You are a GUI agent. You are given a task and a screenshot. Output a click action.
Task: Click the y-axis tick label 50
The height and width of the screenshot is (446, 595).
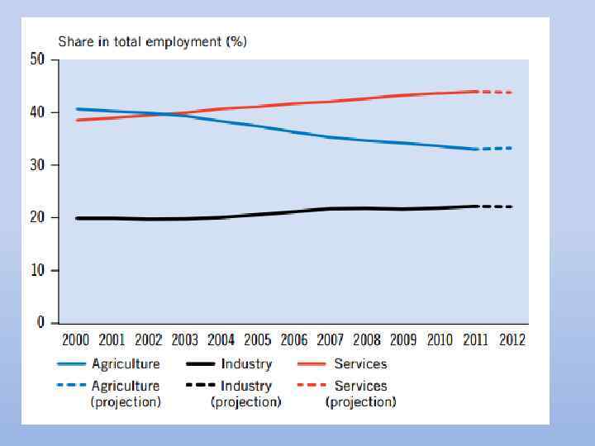tap(37, 59)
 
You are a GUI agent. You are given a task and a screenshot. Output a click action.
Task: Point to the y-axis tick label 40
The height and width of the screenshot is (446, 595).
tap(37, 112)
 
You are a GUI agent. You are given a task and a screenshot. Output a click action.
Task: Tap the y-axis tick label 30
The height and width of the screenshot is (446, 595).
tap(37, 165)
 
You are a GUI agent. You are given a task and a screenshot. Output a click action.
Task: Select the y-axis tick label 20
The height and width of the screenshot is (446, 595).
tap(37, 217)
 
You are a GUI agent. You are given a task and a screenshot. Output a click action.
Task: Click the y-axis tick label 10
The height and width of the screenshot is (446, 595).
tap(37, 270)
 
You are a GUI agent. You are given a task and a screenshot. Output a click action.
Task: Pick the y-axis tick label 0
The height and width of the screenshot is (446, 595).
tap(40, 323)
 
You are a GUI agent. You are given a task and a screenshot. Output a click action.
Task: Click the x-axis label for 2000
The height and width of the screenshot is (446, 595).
tap(75, 339)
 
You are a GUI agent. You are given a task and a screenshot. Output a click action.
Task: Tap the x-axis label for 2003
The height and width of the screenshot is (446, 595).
tap(186, 339)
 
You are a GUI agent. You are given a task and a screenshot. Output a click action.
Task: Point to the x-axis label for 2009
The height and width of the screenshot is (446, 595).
tap(403, 339)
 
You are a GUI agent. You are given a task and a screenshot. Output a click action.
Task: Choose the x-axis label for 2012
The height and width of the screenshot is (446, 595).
tap(512, 339)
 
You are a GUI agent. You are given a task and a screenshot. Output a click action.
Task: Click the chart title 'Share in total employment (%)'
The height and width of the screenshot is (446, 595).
tap(151, 41)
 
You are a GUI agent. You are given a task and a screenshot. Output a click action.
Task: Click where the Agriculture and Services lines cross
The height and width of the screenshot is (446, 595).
tap(163, 114)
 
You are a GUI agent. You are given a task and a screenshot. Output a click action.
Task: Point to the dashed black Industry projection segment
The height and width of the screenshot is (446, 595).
tap(496, 206)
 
